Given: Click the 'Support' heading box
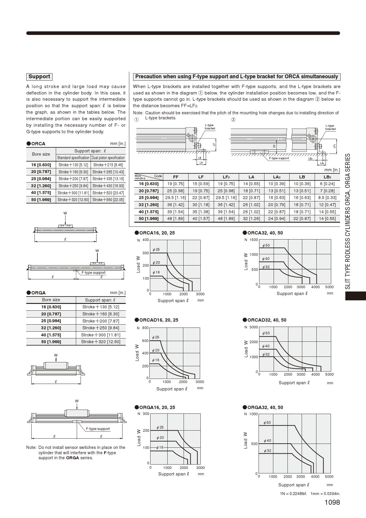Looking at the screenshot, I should (39, 77).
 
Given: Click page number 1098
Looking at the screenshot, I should (332, 502).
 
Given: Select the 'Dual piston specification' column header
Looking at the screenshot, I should (108, 158).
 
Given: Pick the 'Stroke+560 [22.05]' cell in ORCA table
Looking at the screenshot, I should (108, 200).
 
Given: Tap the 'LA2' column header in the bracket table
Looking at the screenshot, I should (277, 177).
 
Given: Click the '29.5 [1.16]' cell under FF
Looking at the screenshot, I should (176, 198).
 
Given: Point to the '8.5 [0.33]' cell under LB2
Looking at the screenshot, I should (327, 198).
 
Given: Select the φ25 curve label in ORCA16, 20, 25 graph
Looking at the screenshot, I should (156, 250).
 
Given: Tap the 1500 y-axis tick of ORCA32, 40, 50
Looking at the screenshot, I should (254, 240).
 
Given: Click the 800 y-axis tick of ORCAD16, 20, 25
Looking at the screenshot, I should (145, 328).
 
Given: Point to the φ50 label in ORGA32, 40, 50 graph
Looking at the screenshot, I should (267, 423).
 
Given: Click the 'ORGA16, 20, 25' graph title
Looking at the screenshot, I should (157, 408).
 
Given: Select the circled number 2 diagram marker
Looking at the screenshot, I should (233, 120).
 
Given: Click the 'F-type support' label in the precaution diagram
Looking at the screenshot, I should (279, 158).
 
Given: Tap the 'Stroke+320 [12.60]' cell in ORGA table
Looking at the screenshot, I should (101, 342).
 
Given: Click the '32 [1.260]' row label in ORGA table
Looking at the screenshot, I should (51, 328).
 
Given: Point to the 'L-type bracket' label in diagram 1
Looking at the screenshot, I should (210, 127).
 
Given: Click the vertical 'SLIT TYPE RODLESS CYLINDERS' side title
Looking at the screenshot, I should (348, 221).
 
